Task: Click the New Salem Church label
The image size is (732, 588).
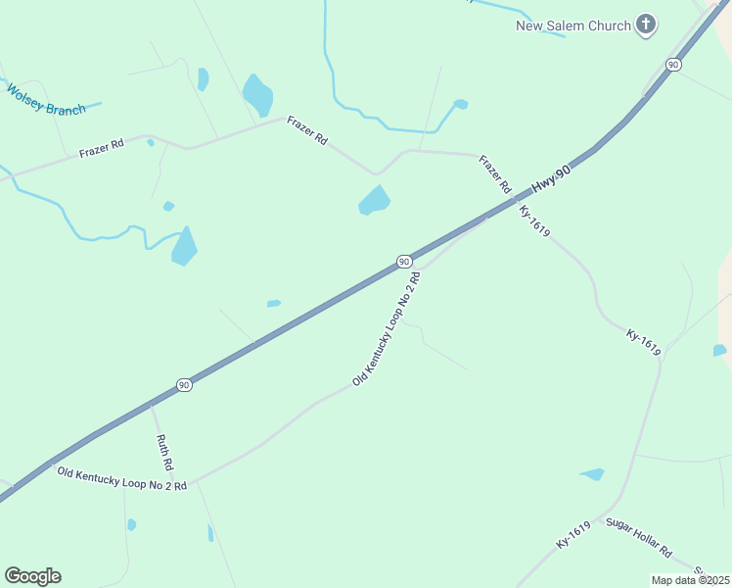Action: click(x=573, y=25)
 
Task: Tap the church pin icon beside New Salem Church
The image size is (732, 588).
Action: click(x=645, y=24)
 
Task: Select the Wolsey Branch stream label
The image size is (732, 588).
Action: click(x=46, y=101)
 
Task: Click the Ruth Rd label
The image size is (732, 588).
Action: click(x=164, y=450)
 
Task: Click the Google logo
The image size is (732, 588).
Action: click(x=32, y=576)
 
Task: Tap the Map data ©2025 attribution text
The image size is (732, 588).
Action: click(x=691, y=580)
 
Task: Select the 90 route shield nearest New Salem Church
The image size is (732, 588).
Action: click(x=672, y=64)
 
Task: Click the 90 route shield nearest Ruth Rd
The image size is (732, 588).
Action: click(x=184, y=385)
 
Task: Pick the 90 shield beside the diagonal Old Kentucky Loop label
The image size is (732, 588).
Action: click(x=403, y=261)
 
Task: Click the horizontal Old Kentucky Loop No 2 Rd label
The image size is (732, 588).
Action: click(x=121, y=478)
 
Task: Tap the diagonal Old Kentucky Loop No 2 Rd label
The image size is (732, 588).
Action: click(x=387, y=328)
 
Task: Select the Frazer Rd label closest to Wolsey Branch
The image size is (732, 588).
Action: click(x=102, y=149)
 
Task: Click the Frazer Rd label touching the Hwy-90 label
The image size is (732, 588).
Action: click(x=495, y=173)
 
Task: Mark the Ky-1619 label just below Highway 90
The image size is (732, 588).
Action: click(x=534, y=220)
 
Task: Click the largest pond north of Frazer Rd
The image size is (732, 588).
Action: click(x=257, y=94)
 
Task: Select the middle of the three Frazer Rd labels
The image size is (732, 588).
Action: click(x=307, y=130)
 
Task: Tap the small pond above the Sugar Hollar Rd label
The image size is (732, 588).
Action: click(x=593, y=475)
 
